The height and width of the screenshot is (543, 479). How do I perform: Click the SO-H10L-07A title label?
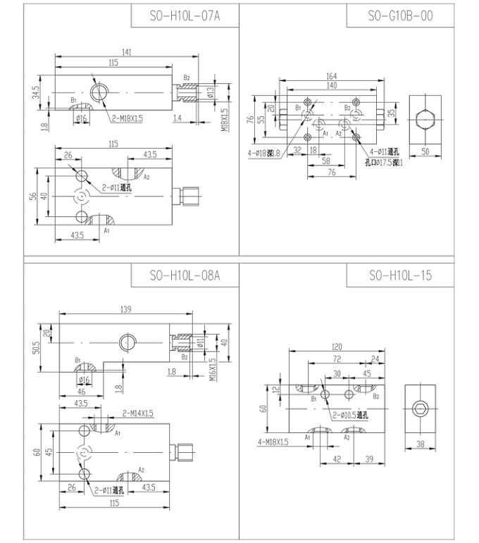click(185, 15)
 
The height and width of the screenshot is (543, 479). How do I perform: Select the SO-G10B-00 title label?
click(400, 15)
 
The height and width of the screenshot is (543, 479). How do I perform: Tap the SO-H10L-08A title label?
click(185, 275)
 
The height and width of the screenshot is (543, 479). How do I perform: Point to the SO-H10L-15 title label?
click(400, 275)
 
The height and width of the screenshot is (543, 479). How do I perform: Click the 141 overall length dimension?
click(127, 52)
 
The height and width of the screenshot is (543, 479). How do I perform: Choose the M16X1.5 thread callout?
click(213, 368)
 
